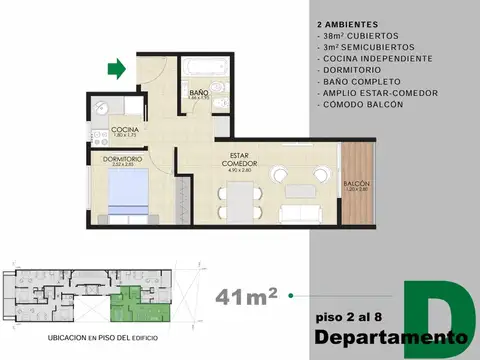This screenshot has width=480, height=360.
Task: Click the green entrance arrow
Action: (x=116, y=69)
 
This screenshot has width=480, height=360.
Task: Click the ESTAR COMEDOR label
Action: (x=239, y=160)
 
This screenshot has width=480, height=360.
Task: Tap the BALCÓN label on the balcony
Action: (x=357, y=184)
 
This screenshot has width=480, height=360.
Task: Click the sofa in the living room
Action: (x=303, y=212)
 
